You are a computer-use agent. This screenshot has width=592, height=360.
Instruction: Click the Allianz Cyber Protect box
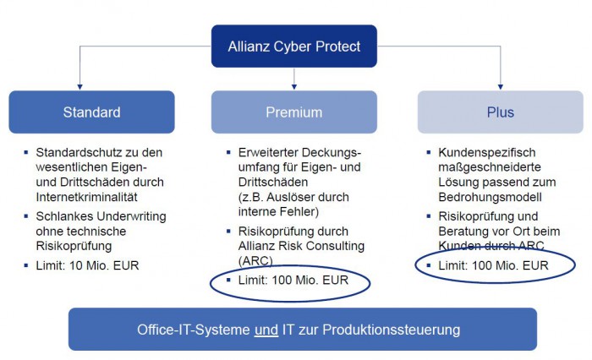293,46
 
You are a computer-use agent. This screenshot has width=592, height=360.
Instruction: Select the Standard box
91,112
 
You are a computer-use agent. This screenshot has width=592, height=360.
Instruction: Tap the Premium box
293,112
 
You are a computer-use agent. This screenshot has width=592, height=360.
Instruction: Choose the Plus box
500,112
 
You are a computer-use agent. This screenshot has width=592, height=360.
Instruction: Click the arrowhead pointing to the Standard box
80,85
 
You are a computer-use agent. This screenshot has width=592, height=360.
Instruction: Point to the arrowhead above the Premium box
293,85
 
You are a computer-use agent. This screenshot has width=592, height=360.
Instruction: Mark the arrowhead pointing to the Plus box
500,85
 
